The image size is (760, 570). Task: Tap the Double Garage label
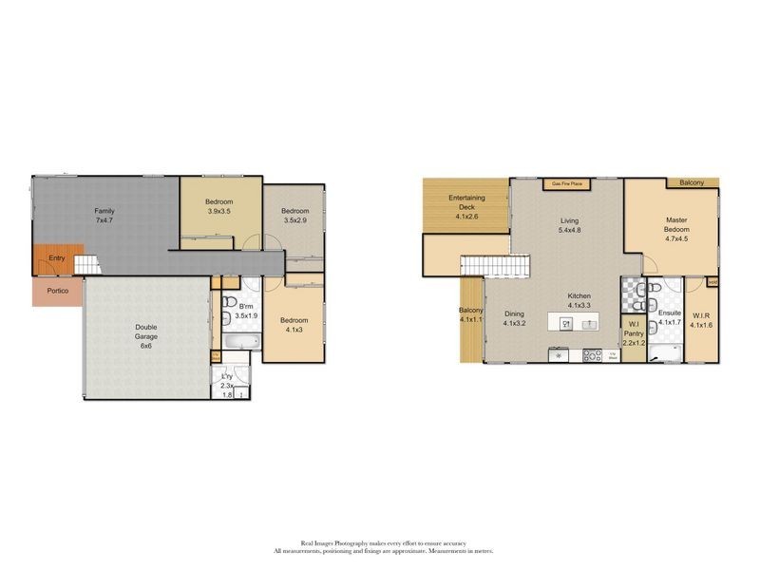145,332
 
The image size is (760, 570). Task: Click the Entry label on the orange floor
57,257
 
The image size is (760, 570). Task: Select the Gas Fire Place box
567,184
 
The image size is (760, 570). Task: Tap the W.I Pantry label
633,333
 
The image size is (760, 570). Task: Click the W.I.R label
702,321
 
